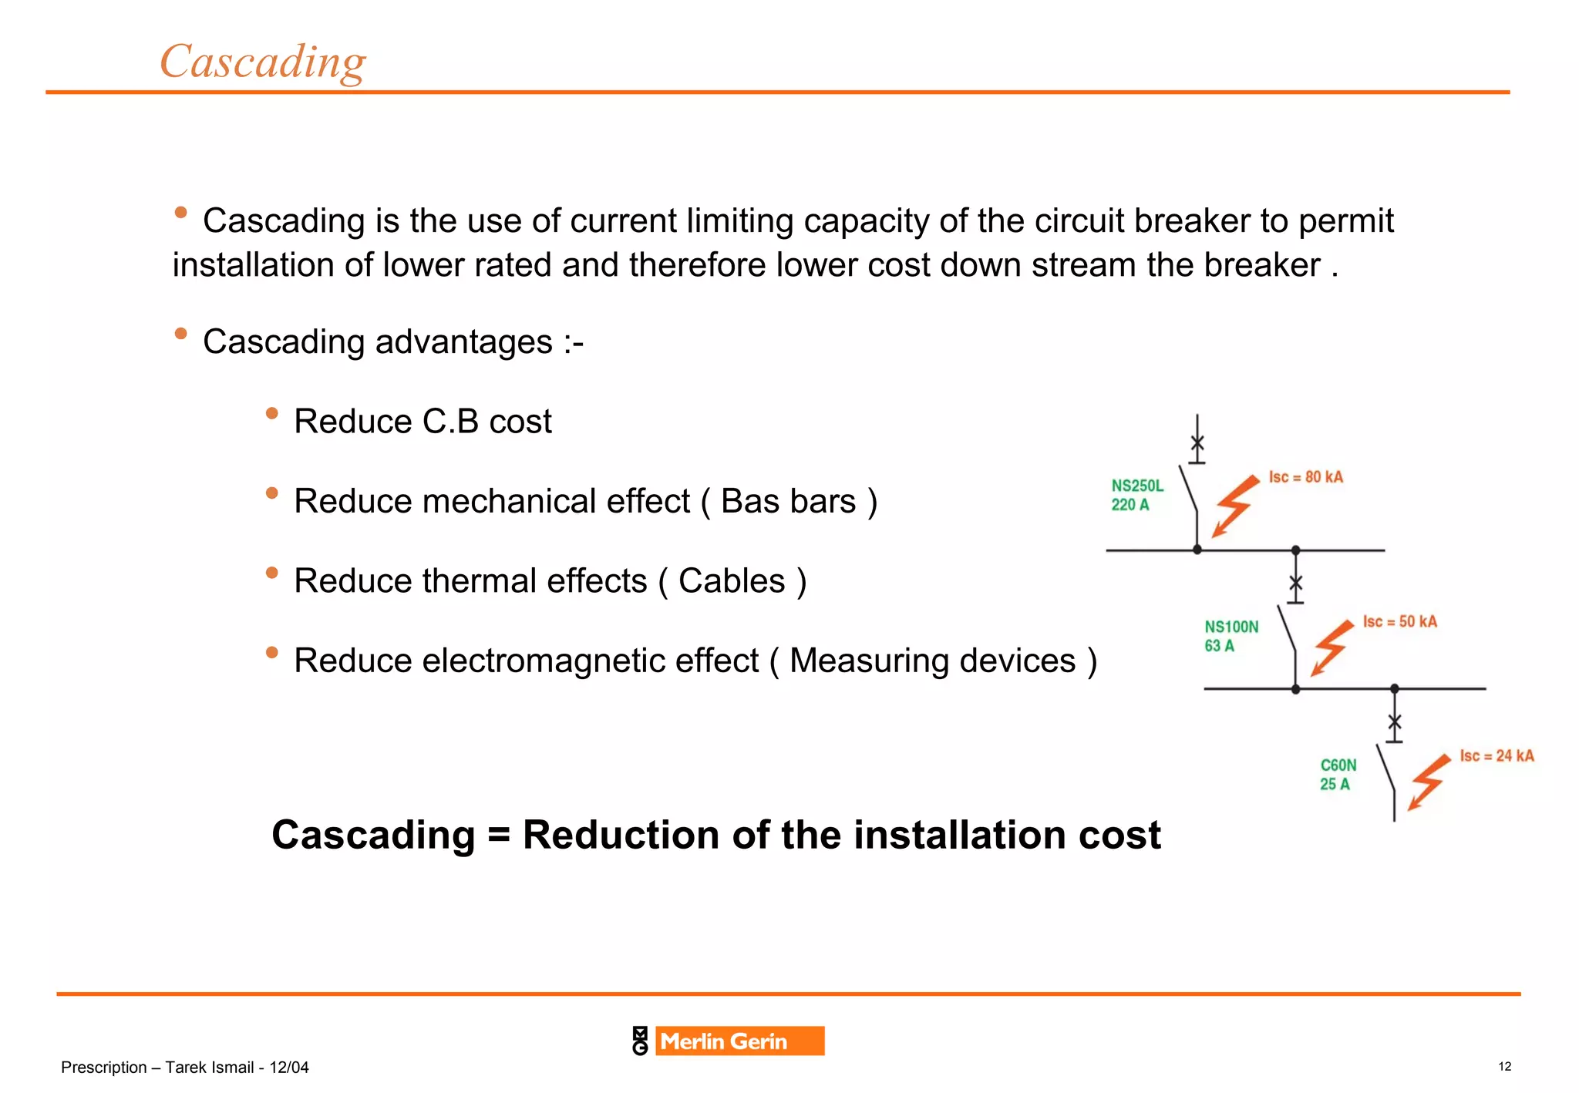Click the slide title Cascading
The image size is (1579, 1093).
[x=262, y=62]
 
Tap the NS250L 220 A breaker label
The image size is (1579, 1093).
[x=1136, y=495]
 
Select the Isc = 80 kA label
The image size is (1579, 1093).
[x=1305, y=477]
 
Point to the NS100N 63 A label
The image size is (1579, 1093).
[x=1231, y=636]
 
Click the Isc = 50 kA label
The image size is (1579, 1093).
[x=1399, y=621]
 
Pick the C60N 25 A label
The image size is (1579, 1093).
[x=1337, y=774]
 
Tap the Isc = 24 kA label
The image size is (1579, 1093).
[x=1496, y=755]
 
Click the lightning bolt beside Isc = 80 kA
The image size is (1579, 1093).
[x=1234, y=506]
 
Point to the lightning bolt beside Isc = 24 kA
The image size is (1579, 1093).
[x=1428, y=782]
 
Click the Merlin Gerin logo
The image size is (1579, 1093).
[x=729, y=1041]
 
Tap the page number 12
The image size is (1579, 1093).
[x=1504, y=1067]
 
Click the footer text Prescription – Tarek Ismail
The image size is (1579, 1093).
[x=184, y=1068]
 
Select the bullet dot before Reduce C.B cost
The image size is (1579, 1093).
[x=271, y=414]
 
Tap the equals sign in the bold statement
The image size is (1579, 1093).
[x=499, y=835]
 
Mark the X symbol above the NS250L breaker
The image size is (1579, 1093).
[x=1197, y=443]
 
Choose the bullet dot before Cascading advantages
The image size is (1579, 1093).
[x=180, y=334]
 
